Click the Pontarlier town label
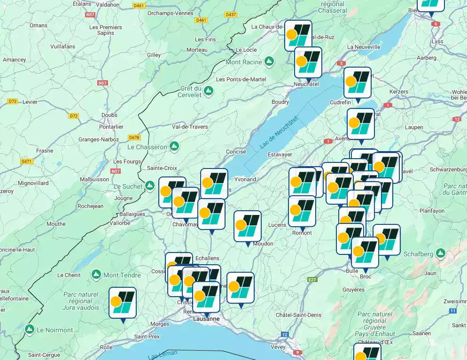111,127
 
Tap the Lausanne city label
206,319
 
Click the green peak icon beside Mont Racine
269,61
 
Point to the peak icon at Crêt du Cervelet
208,90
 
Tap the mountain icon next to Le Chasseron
174,146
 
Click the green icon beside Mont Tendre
96,274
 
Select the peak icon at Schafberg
440,253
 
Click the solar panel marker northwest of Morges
123,303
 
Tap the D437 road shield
231,15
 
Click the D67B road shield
134,138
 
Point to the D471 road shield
26,161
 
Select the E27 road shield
312,280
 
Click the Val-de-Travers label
190,127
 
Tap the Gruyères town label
353,290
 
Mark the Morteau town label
197,50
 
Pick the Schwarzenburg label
448,169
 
